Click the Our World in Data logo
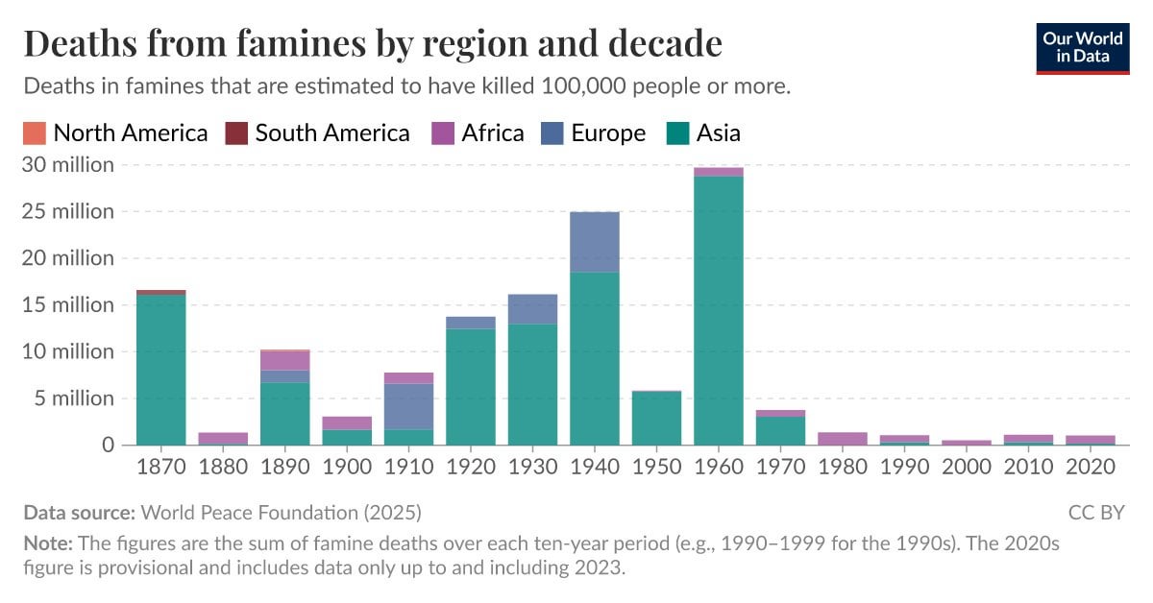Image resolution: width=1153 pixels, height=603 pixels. point(1082,47)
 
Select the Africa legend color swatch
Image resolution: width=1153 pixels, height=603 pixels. point(445,133)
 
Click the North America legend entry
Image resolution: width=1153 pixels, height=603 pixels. point(115,133)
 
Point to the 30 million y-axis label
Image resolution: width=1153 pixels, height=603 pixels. point(68,164)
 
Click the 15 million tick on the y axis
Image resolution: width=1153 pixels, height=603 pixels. point(68,304)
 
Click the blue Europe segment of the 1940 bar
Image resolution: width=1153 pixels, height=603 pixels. point(594,242)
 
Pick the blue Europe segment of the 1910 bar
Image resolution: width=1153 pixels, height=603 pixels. point(408,406)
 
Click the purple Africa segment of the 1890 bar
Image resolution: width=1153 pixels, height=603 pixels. point(284,360)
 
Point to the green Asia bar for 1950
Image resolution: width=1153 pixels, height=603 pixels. point(656,418)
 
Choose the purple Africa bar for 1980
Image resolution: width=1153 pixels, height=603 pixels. point(843,439)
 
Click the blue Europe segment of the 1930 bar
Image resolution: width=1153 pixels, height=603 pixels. point(532,309)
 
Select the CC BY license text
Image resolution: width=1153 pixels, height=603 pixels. point(1096,512)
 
